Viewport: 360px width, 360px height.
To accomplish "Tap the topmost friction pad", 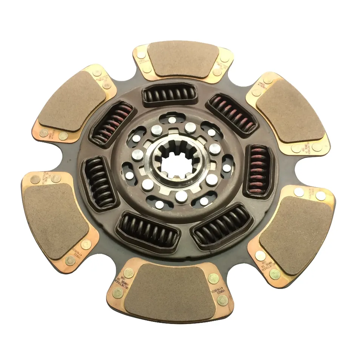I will [182, 59].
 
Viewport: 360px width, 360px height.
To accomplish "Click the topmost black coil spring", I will [169, 95].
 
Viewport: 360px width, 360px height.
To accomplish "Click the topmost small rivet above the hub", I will [172, 120].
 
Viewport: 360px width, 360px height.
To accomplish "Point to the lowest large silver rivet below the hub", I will [181, 195].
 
